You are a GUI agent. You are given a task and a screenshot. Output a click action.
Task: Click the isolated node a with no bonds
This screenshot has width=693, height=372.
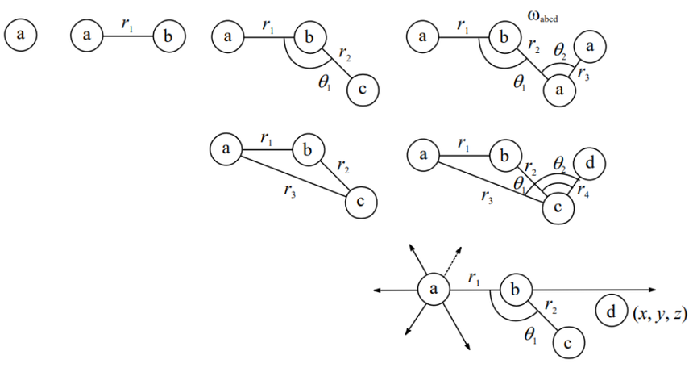point(20,36)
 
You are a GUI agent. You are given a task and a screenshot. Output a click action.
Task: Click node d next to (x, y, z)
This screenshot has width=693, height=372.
point(612,310)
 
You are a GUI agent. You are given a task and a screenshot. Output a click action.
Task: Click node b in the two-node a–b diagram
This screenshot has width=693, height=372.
point(169,36)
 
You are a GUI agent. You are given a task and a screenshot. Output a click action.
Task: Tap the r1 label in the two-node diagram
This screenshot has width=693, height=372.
point(127,24)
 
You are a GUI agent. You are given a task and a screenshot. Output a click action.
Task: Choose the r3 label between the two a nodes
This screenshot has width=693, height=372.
point(584,77)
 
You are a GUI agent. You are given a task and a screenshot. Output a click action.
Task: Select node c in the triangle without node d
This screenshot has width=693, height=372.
point(360,202)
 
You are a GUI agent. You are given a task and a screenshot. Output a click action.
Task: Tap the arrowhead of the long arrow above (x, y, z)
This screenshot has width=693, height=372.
point(659,289)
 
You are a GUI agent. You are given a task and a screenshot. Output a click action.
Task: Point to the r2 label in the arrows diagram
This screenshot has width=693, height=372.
point(550,307)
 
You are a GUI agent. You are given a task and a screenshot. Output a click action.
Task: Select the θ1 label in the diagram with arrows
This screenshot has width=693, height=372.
point(530,336)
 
